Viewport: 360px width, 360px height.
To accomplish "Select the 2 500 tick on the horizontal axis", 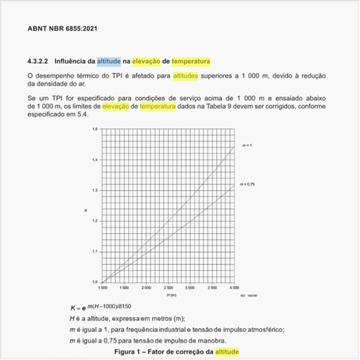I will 168,287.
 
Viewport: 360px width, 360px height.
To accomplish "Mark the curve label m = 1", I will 246,146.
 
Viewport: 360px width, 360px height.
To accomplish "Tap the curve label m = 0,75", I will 248,185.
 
